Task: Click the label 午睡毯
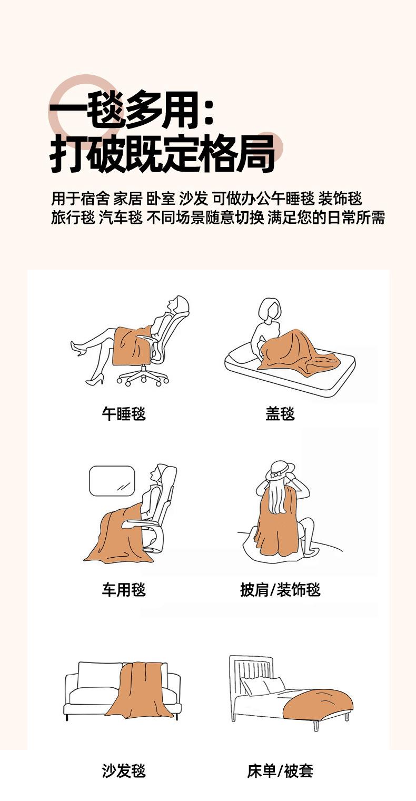coord(124,414)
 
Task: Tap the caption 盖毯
coord(280,414)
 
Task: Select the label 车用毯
coord(124,589)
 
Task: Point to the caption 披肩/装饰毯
coord(280,589)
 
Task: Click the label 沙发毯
coord(124,770)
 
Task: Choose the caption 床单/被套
coord(280,770)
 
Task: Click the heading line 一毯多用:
coord(132,110)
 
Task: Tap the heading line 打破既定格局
coord(162,154)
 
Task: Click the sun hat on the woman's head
coord(280,471)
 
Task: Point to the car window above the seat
coord(112,481)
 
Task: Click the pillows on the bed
coord(262,685)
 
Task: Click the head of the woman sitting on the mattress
coord(269,309)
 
